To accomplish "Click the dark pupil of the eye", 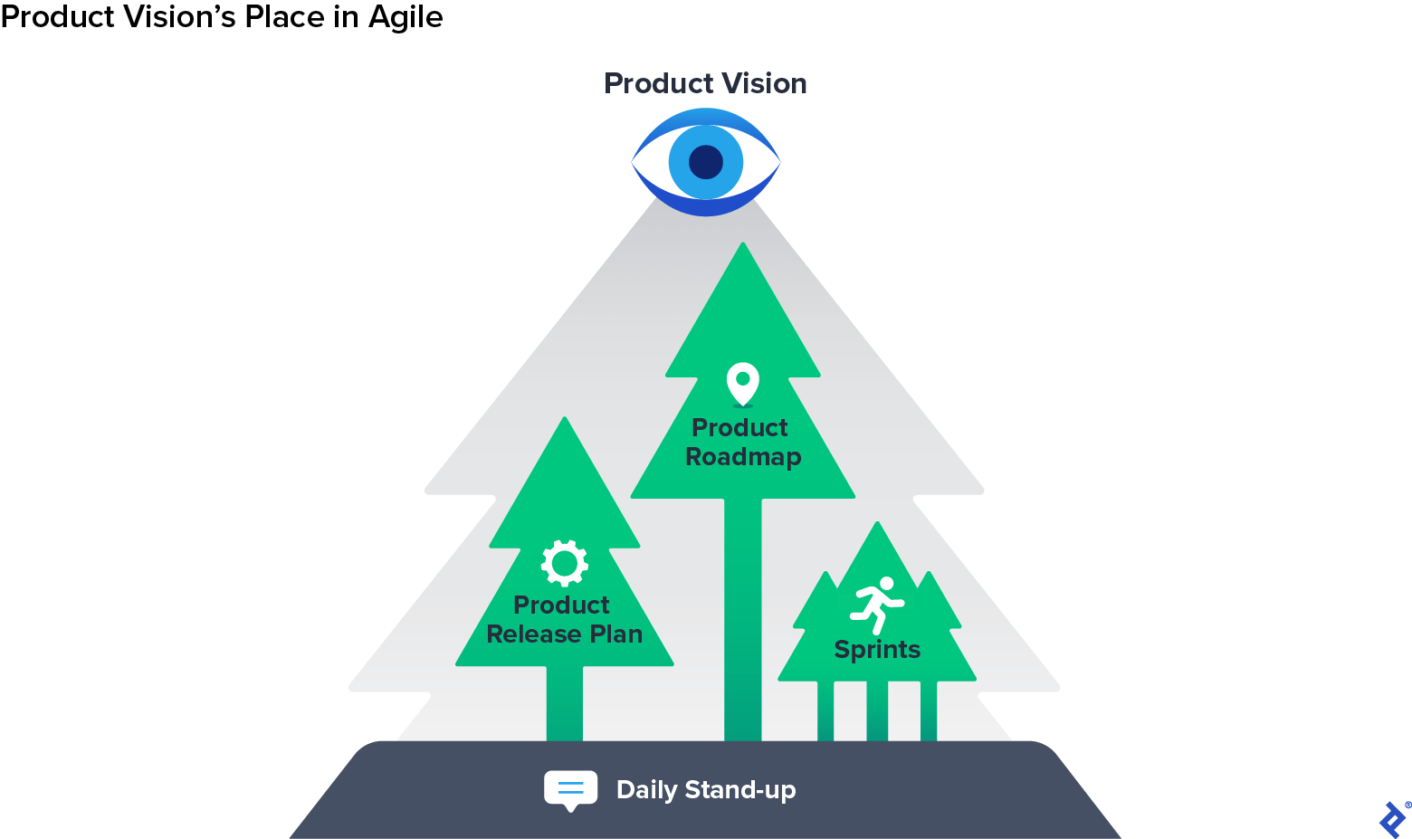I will [x=706, y=162].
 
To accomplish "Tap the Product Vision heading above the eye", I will [x=705, y=83].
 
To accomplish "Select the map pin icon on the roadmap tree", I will [x=743, y=384].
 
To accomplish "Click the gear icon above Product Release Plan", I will [x=565, y=563].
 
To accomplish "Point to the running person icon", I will [x=876, y=605].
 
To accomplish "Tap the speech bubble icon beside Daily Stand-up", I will [x=570, y=789].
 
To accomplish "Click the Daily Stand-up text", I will [x=706, y=790].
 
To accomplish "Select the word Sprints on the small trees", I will [x=877, y=650].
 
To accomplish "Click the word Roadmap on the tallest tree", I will [x=743, y=457].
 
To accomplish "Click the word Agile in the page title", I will [x=405, y=17].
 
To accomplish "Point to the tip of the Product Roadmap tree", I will [x=743, y=246].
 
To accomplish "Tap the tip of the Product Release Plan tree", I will [x=565, y=421].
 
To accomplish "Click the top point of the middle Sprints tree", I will [x=877, y=525].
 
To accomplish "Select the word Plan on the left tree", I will [x=616, y=634].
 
